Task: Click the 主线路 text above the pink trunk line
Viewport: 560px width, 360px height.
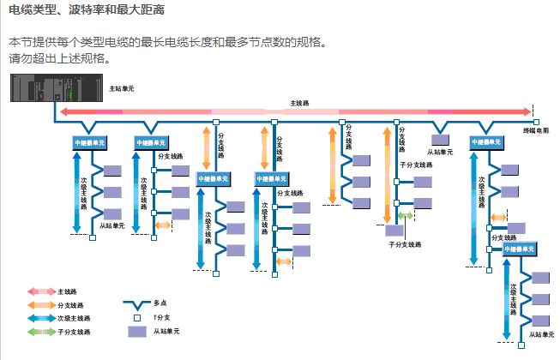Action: pyautogui.click(x=300, y=102)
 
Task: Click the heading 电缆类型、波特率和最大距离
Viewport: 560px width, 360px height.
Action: pyautogui.click(x=86, y=11)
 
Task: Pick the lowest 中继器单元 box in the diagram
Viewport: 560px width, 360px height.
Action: pyautogui.click(x=517, y=248)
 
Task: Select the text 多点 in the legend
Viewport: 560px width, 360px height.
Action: pyautogui.click(x=160, y=303)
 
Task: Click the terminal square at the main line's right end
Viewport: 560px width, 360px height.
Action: pyautogui.click(x=533, y=120)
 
